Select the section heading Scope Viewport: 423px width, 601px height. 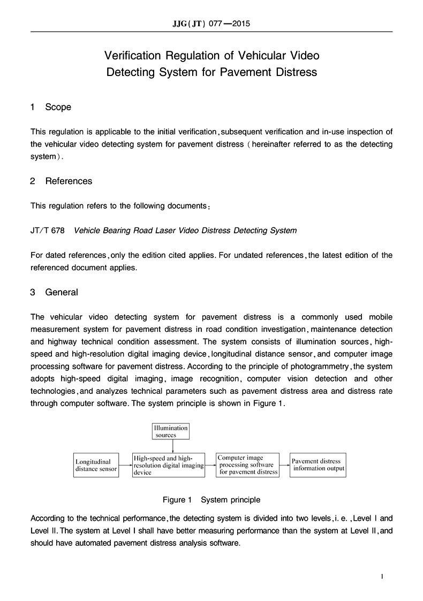pos(58,107)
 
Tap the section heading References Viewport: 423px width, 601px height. pos(69,181)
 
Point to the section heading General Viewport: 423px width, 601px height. pos(62,292)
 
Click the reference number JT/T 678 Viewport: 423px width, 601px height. pos(48,231)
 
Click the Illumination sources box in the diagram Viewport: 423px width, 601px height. pos(171,431)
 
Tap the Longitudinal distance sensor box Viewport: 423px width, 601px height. pos(96,465)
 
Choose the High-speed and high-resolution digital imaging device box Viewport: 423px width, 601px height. pos(169,465)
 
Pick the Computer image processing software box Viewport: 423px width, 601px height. pos(248,465)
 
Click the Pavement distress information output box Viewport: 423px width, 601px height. pos(318,465)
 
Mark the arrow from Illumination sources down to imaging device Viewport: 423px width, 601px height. pos(171,446)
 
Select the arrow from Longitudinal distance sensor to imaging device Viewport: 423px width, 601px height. pos(126,466)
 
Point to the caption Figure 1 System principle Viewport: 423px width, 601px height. pos(211,500)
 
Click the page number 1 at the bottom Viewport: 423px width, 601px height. pos(382,576)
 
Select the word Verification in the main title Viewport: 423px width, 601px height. pos(130,55)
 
